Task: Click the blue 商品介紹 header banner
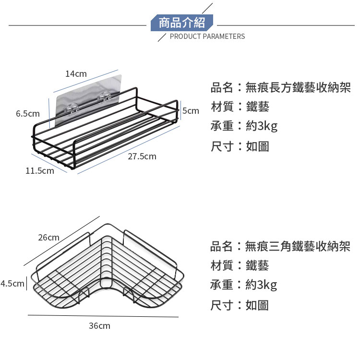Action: (181, 23)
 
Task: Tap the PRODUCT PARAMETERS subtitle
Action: (207, 36)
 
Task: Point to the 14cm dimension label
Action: (76, 73)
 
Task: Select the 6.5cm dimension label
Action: (28, 114)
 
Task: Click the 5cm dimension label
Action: (191, 111)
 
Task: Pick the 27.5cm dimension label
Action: (142, 156)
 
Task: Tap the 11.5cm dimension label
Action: (40, 170)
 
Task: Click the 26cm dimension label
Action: (49, 238)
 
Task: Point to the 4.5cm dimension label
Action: (12, 284)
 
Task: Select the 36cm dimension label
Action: (99, 326)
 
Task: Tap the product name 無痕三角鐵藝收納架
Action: (298, 247)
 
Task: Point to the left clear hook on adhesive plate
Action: (73, 107)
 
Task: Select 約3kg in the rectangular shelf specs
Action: (261, 126)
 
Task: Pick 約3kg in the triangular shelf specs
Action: (261, 285)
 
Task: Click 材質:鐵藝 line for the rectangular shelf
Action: (240, 107)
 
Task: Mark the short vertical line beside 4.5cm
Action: (26, 284)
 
